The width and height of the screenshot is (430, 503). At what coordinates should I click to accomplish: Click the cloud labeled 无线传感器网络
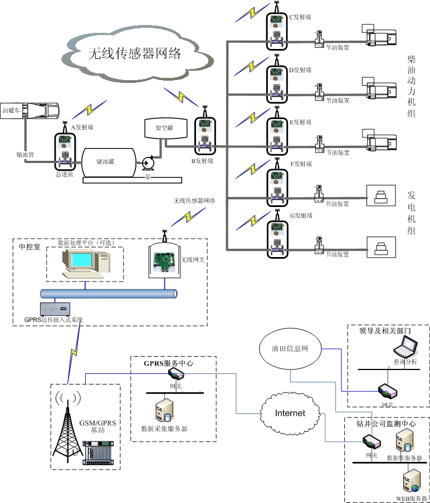coord(135,53)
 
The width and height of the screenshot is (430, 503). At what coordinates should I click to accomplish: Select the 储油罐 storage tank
coord(109,162)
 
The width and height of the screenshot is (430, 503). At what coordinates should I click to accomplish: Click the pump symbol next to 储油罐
coord(148,163)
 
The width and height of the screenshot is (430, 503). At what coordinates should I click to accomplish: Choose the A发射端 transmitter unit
coord(65,150)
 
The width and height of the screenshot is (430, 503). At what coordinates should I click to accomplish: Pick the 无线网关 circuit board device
coord(165,261)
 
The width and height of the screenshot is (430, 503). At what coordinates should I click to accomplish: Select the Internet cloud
coord(290,413)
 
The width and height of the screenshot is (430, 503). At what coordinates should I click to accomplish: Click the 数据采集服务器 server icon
coord(164,411)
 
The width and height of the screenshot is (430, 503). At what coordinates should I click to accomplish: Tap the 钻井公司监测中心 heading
coord(386,423)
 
